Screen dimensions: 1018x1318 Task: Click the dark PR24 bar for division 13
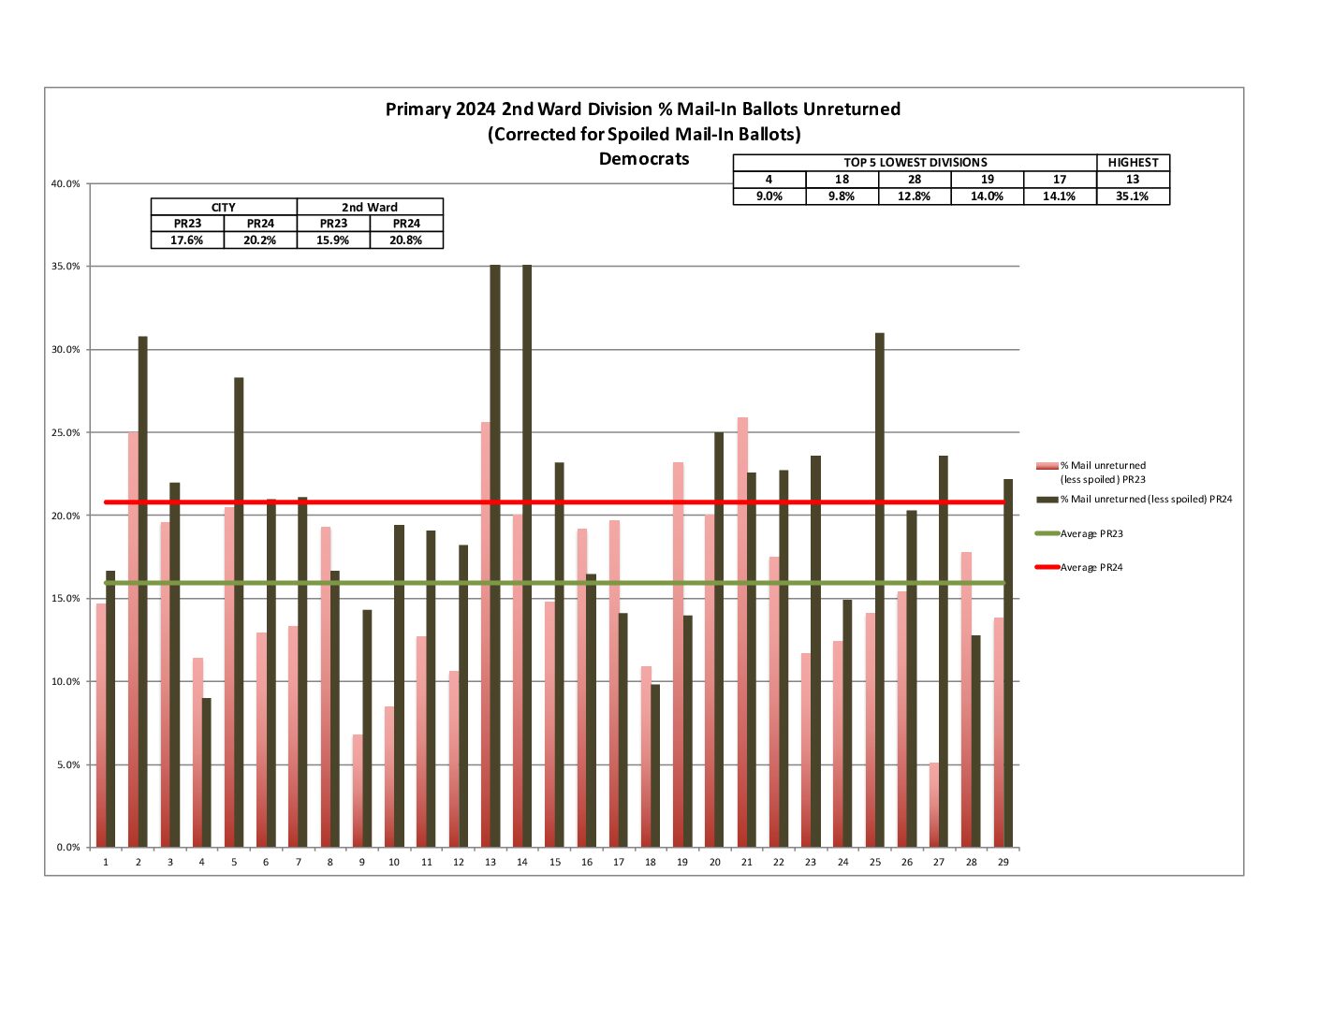click(x=495, y=557)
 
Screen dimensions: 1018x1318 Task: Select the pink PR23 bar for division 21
click(x=742, y=633)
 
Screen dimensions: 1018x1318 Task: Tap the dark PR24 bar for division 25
click(x=880, y=590)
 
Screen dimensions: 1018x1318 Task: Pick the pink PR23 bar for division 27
click(x=934, y=806)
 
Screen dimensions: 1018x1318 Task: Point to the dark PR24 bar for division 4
click(x=207, y=773)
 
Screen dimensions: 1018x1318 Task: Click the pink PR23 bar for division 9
click(x=358, y=792)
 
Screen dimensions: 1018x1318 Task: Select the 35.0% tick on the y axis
click(x=66, y=267)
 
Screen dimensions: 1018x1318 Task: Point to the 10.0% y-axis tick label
click(x=66, y=682)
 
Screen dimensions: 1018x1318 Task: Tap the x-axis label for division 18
click(x=651, y=862)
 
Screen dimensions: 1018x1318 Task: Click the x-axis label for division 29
click(x=1003, y=862)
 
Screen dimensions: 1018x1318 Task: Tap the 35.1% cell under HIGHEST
click(x=1133, y=196)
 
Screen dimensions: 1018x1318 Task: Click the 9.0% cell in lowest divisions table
click(x=769, y=196)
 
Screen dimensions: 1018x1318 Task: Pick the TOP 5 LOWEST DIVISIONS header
click(x=915, y=163)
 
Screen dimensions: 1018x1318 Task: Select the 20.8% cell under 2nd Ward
click(x=406, y=240)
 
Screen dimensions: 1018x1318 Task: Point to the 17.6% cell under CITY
click(x=187, y=240)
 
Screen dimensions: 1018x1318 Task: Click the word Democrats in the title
click(x=644, y=159)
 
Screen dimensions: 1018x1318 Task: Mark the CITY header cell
click(x=224, y=207)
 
